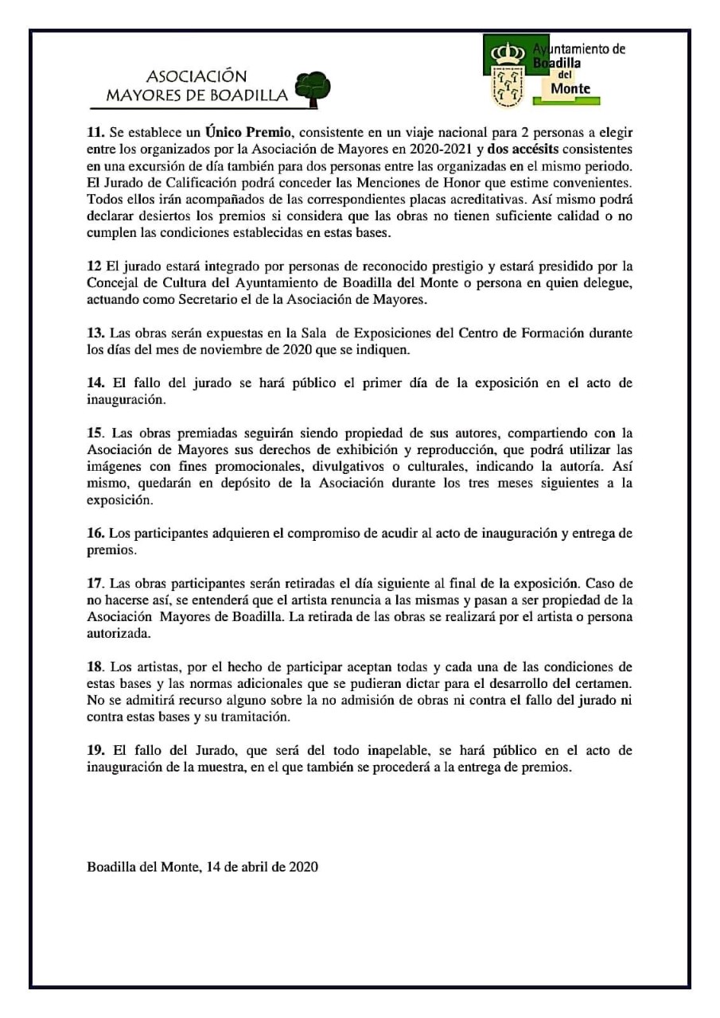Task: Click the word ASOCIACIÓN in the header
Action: (197, 77)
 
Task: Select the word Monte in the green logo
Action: (570, 88)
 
